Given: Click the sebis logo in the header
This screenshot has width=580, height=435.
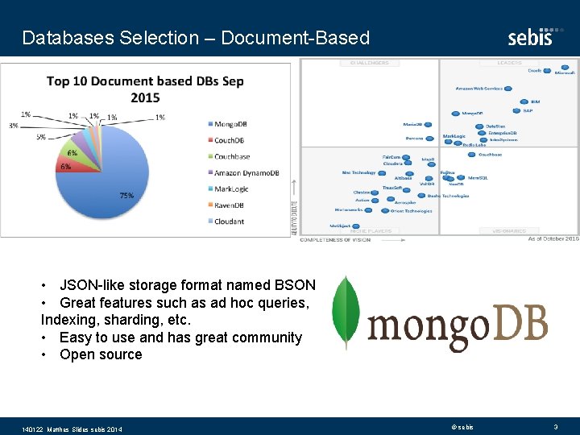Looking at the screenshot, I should [530, 36].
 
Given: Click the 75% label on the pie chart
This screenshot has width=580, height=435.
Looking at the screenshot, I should [126, 196].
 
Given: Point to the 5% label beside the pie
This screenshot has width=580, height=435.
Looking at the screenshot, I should [40, 137].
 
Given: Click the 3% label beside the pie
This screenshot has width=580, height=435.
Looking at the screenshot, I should [14, 126].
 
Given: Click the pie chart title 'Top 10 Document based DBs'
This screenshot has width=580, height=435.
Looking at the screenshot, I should [145, 89].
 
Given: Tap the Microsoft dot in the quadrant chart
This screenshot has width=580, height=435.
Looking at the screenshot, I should [565, 68].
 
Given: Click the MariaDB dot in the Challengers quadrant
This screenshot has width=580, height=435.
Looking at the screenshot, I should [428, 125].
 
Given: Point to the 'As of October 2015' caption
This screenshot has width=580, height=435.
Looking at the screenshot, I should [553, 238].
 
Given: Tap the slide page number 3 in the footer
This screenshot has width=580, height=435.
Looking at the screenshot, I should [555, 426].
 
